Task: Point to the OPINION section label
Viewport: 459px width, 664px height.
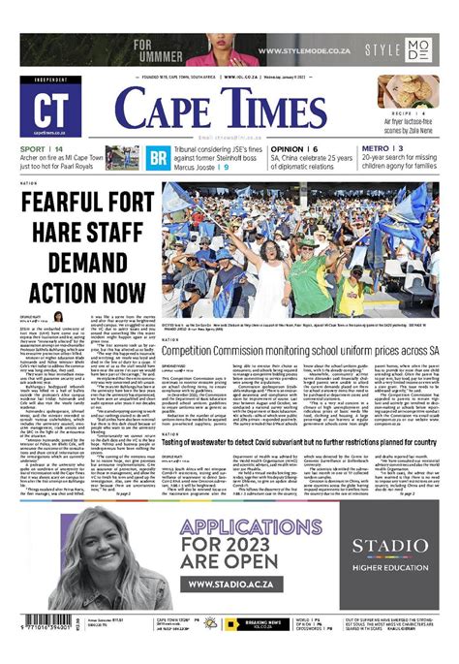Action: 288,148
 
